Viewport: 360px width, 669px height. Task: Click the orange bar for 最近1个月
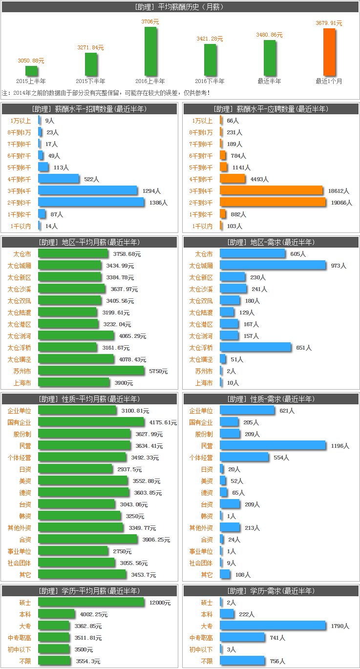329,52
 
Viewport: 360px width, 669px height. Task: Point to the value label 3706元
150,22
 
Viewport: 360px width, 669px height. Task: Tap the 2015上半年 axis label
31,81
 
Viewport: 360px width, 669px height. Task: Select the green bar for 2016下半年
210,60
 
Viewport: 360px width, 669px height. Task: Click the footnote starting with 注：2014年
106,92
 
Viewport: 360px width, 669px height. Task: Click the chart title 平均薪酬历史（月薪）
180,7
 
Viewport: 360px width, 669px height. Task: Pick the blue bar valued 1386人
91,202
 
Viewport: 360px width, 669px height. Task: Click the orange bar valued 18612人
271,190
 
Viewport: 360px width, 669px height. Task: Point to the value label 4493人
259,179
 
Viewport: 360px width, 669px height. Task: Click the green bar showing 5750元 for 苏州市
91,371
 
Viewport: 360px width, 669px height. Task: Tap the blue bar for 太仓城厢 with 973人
273,266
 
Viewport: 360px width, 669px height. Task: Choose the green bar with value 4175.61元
91,422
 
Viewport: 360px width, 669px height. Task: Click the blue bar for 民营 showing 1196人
273,446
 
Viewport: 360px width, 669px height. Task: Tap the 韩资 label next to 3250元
25,516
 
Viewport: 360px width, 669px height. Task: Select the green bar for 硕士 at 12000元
91,603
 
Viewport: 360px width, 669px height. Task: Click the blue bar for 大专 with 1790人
273,626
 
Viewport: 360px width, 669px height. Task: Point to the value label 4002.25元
94,614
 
